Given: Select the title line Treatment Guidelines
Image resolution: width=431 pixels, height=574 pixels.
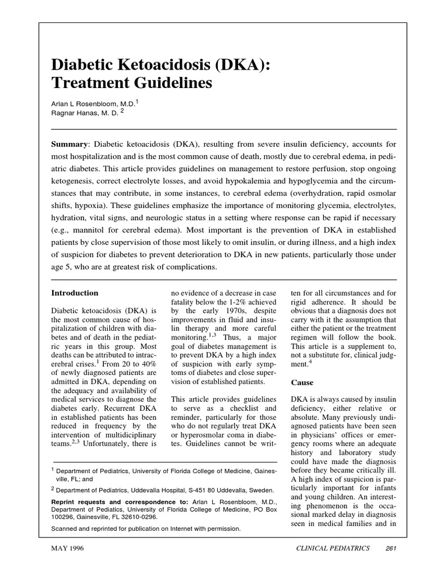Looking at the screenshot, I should (x=132, y=84).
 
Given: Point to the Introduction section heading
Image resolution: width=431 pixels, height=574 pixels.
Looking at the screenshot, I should (x=75, y=293).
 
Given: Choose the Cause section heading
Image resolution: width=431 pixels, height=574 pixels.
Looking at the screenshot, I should (x=302, y=382).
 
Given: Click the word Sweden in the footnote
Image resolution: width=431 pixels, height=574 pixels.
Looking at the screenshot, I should (x=260, y=489).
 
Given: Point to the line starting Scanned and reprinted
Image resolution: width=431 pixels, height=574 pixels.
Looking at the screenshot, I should (x=145, y=528).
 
